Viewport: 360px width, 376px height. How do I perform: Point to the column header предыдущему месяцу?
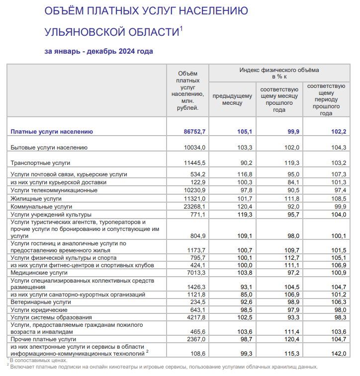pyautogui.click(x=232, y=99)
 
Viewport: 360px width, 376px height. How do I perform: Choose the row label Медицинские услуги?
pyautogui.click(x=39, y=273)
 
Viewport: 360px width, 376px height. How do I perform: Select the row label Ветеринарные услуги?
pyautogui.click(x=41, y=301)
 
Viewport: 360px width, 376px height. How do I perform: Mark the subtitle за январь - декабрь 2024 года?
pyautogui.click(x=98, y=51)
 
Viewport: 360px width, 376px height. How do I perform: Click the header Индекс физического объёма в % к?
pyautogui.click(x=279, y=73)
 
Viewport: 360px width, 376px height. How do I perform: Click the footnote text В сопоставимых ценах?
pyautogui.click(x=38, y=361)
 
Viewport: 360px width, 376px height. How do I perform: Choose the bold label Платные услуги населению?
pyautogui.click(x=52, y=132)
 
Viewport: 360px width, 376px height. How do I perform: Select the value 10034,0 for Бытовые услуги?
pyautogui.click(x=194, y=148)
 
